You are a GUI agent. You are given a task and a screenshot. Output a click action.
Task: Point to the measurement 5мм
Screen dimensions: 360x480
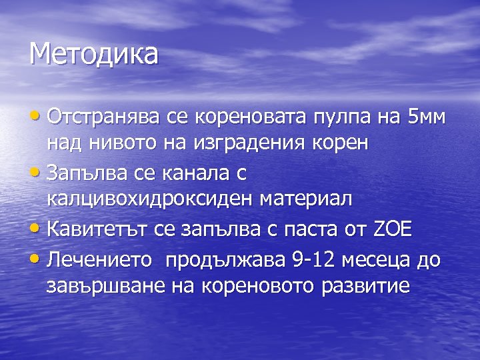[425, 118]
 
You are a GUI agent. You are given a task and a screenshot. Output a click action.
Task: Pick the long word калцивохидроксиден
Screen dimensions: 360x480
[151, 199]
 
